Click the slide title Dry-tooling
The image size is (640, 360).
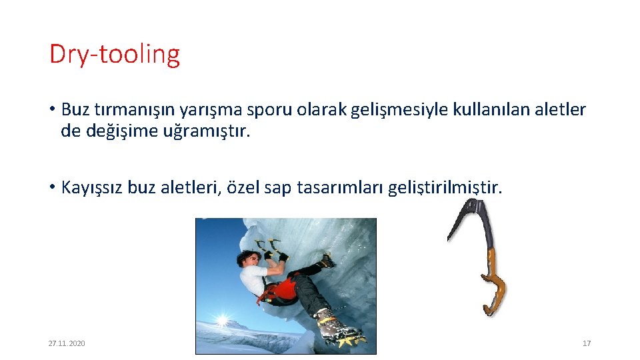(114, 54)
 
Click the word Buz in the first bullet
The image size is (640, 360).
(75, 109)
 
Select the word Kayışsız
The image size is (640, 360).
(91, 187)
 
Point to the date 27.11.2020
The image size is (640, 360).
(67, 343)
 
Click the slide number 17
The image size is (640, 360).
(587, 343)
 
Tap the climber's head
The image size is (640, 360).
(247, 258)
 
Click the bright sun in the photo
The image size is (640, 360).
(220, 323)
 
